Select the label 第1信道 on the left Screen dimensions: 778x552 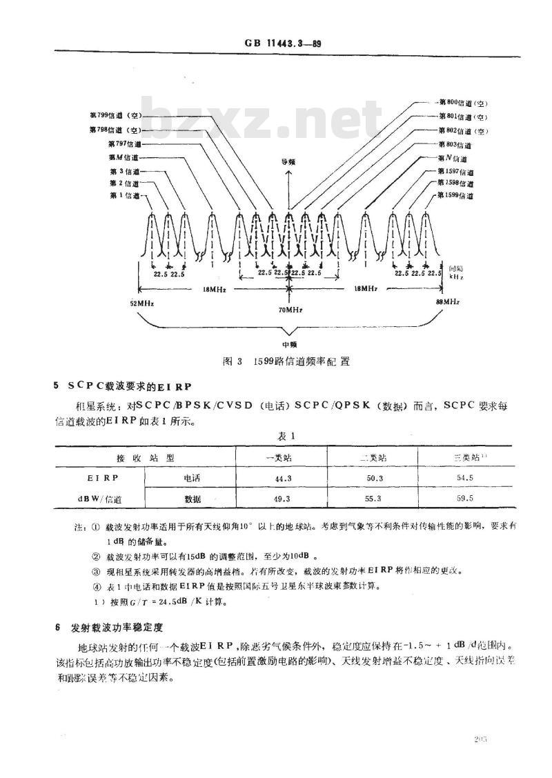point(124,196)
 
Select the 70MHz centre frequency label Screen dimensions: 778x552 point(288,311)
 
